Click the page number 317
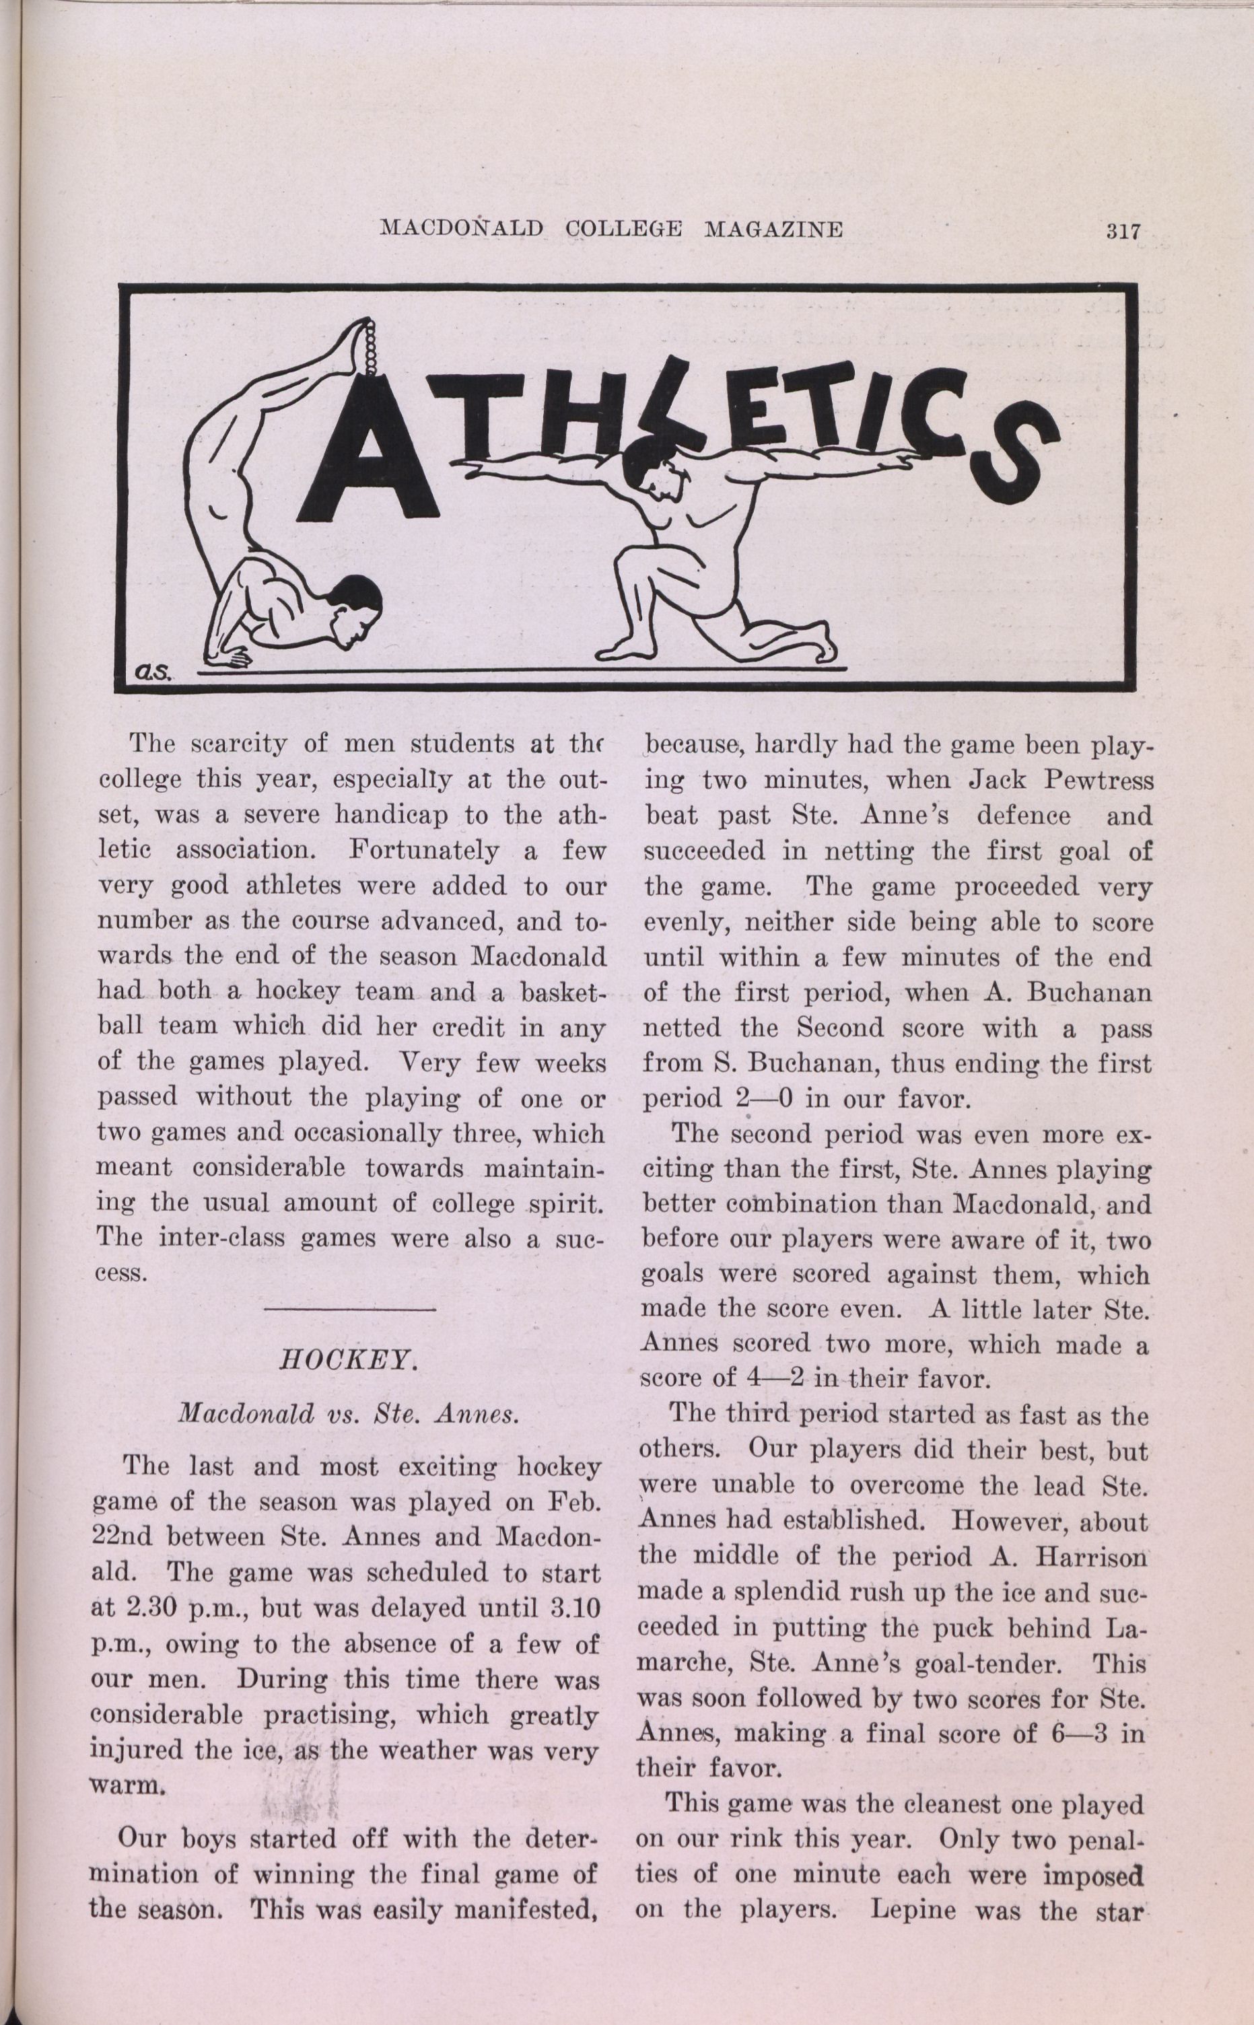1123,233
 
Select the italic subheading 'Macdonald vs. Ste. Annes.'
349,1414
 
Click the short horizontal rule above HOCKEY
349,1310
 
